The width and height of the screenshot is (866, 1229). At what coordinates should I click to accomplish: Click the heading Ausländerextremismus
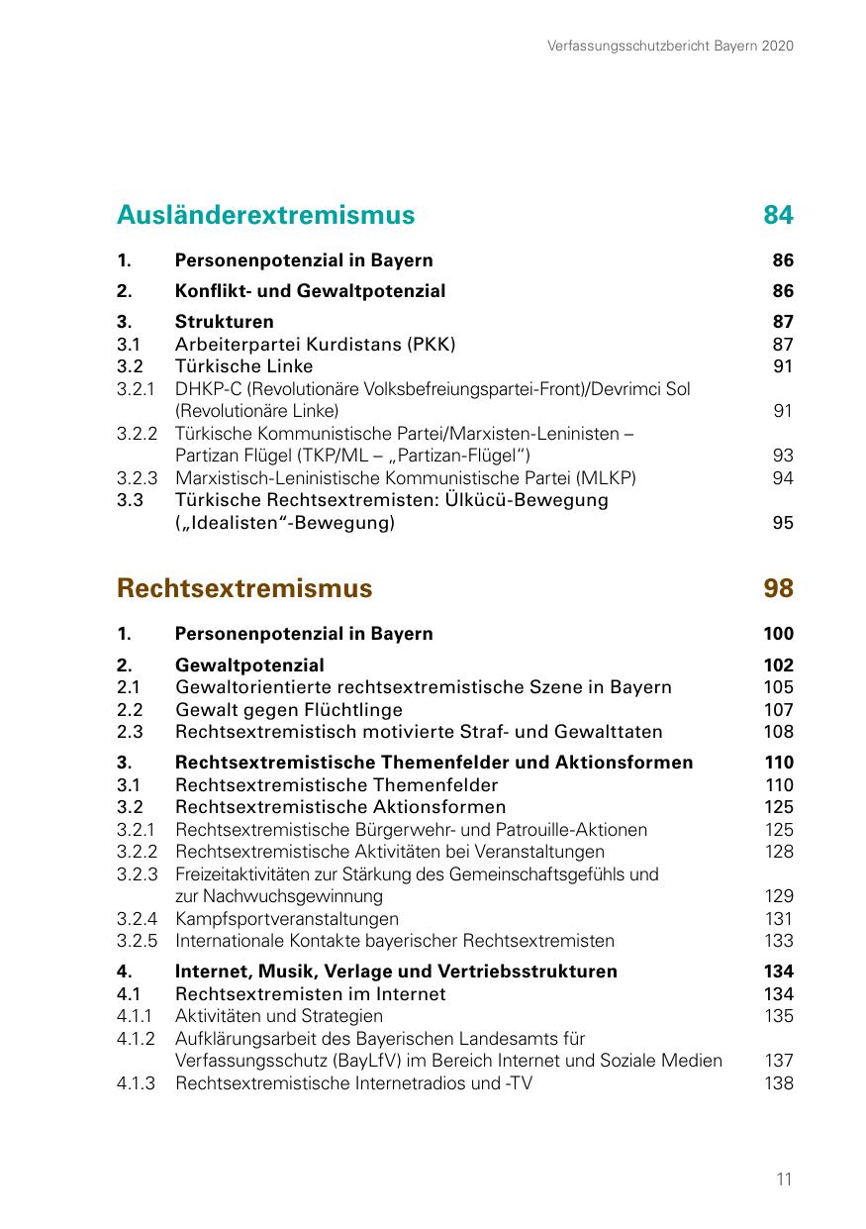pos(265,215)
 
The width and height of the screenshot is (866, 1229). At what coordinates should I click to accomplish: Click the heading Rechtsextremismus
pos(244,588)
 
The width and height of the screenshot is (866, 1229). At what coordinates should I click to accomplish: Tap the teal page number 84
pos(778,215)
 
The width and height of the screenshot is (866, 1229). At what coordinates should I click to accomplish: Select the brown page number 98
pos(778,588)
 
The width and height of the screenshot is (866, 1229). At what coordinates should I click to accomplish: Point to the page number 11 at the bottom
pos(784,1179)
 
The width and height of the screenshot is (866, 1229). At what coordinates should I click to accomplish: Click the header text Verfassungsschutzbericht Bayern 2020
pos(670,46)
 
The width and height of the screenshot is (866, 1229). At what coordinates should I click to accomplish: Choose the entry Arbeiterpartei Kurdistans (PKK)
pos(315,344)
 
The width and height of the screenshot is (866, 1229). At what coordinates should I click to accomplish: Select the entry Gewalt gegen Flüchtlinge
pos(289,709)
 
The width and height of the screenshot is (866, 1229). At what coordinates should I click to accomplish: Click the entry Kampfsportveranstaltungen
pos(287,919)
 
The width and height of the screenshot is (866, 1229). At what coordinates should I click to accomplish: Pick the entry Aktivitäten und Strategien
pos(279,1016)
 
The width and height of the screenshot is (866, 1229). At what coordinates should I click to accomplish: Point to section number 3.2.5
pos(137,941)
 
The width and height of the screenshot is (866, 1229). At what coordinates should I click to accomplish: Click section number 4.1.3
pos(137,1083)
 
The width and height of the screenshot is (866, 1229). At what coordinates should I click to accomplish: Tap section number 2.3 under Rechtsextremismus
pos(130,732)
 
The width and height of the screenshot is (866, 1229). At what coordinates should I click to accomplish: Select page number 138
pos(779,1083)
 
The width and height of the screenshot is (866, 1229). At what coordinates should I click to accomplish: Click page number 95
pos(782,523)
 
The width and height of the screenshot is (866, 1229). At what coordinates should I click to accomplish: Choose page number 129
pos(779,896)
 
